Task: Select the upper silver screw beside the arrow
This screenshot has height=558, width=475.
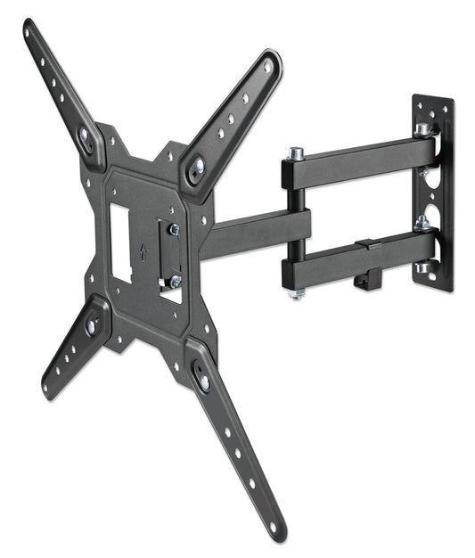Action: [174, 229]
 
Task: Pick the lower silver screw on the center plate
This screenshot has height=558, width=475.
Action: [175, 281]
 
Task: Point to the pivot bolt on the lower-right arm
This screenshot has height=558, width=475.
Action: [202, 382]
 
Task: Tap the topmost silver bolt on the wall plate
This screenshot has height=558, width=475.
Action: [422, 128]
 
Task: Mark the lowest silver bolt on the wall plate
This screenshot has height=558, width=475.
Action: [422, 266]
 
